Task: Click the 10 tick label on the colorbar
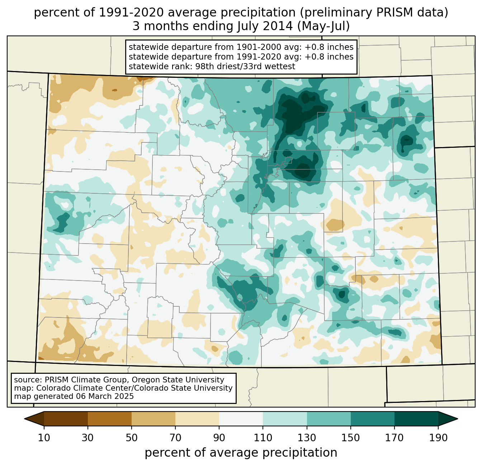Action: point(44,438)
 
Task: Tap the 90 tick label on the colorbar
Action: point(219,438)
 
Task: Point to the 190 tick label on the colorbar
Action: point(438,438)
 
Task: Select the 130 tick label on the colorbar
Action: point(307,438)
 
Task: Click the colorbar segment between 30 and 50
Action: point(110,419)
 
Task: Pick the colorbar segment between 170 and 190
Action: point(416,419)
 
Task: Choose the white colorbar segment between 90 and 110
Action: point(241,419)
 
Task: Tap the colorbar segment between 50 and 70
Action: point(153,419)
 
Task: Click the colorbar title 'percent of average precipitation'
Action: point(241,453)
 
